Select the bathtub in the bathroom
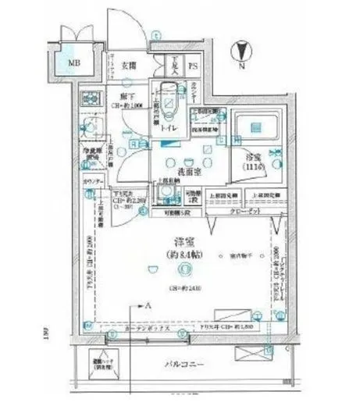pyautogui.click(x=252, y=125)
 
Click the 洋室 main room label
pyautogui.click(x=182, y=241)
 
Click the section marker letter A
pyautogui.click(x=147, y=307)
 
